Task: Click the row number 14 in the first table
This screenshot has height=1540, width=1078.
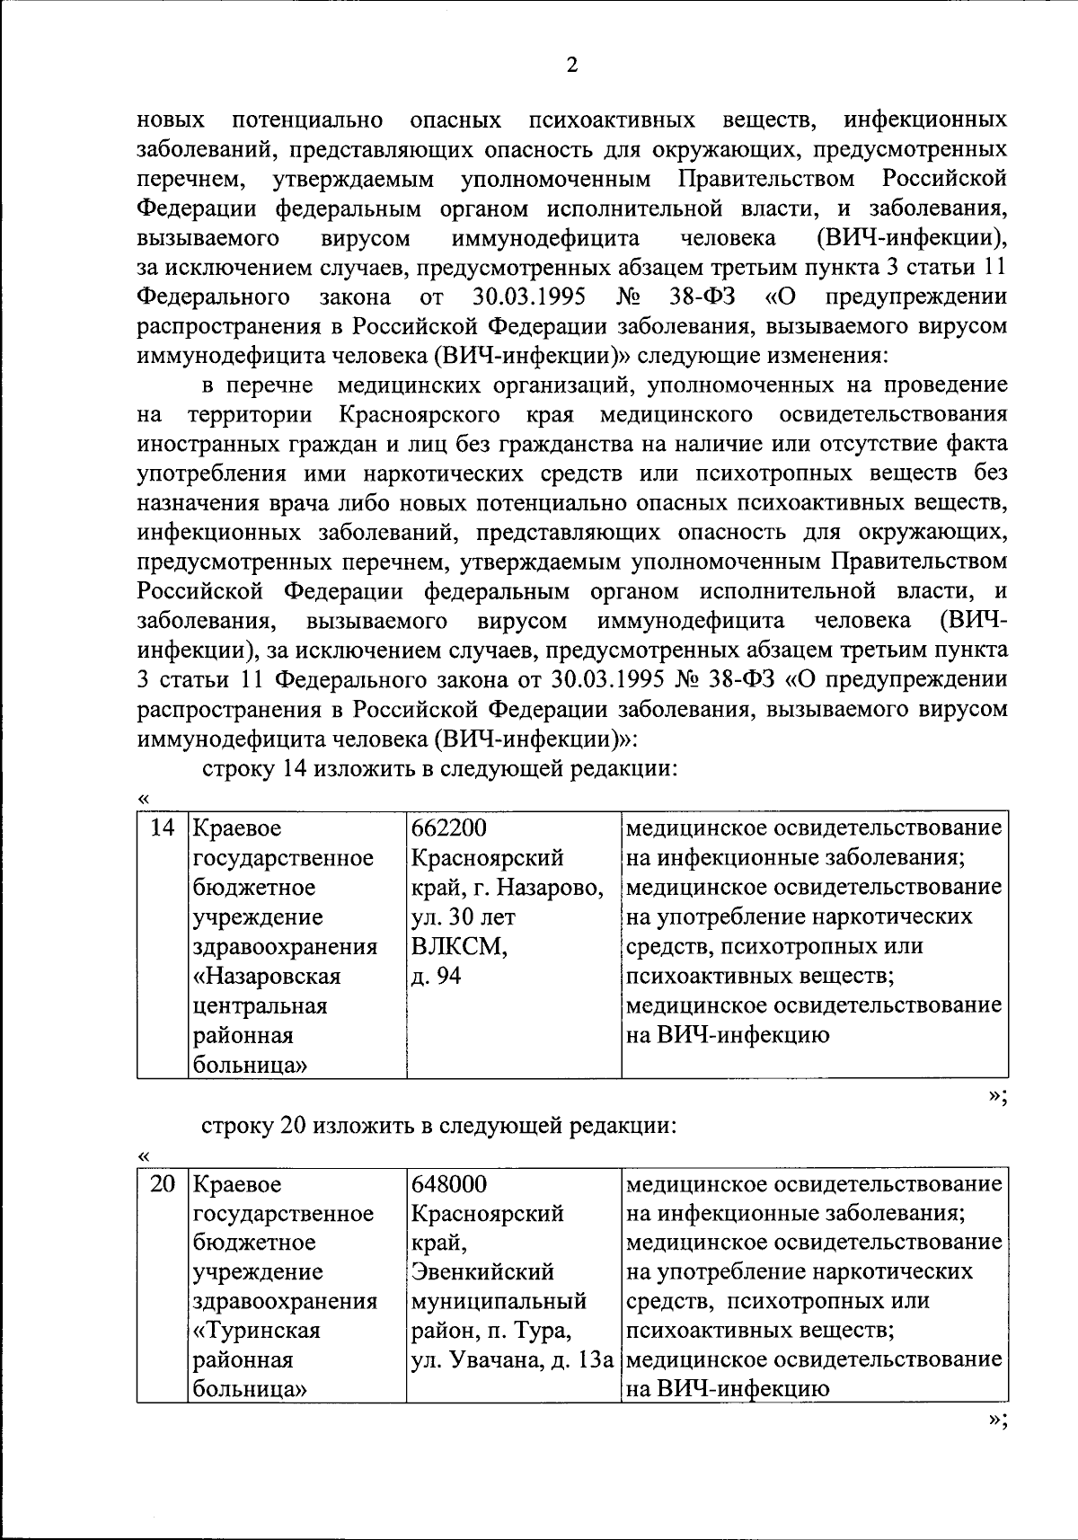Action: tap(162, 828)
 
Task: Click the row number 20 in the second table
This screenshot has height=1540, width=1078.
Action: tap(162, 1183)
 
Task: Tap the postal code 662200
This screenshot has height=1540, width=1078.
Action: tap(448, 828)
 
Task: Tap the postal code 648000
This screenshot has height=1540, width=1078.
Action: tap(448, 1183)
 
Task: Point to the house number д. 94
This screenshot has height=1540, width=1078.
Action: tap(436, 976)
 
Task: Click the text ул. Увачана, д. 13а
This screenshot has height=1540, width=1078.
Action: tap(511, 1359)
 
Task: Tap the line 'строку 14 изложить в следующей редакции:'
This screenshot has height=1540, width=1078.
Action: tap(437, 769)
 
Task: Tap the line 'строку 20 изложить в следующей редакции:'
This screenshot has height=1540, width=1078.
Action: tap(437, 1125)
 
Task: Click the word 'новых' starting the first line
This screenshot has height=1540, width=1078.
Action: tap(171, 119)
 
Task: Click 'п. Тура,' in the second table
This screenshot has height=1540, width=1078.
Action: tap(537, 1330)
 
